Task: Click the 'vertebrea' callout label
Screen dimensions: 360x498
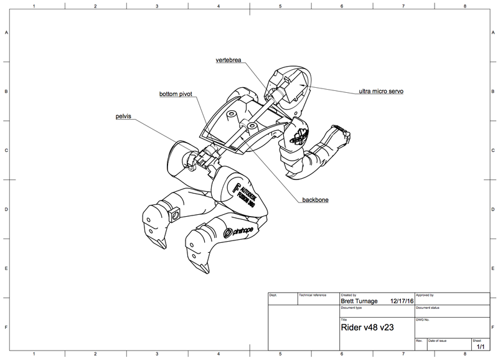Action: pyautogui.click(x=228, y=60)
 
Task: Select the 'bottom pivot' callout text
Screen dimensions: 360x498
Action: pyautogui.click(x=176, y=94)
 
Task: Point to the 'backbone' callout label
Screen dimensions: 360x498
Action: pyautogui.click(x=315, y=200)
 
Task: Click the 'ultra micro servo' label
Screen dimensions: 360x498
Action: pyautogui.click(x=381, y=92)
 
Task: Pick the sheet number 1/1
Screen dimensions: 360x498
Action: pyautogui.click(x=480, y=346)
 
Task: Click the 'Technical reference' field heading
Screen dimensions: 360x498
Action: pyautogui.click(x=312, y=295)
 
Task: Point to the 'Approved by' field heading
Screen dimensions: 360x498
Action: pyautogui.click(x=425, y=295)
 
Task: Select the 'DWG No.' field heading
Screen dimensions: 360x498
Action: pyautogui.click(x=423, y=320)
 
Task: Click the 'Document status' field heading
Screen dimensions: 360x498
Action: pyautogui.click(x=428, y=307)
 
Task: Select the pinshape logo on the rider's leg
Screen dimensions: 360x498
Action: pyautogui.click(x=237, y=231)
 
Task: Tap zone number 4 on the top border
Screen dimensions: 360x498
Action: pyautogui.click(x=218, y=6)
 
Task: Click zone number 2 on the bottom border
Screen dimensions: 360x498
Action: pyautogui.click(x=95, y=354)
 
